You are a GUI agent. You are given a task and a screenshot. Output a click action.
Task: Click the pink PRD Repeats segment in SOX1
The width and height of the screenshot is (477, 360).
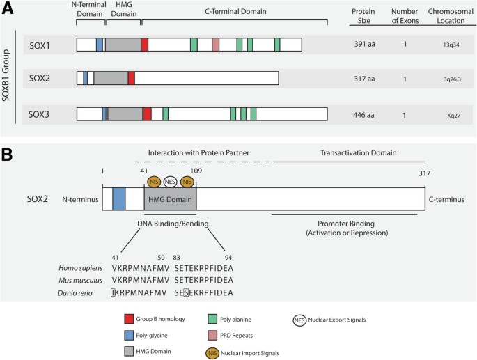215,45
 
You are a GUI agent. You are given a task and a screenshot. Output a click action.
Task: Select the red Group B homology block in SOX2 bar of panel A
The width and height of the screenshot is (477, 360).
131,79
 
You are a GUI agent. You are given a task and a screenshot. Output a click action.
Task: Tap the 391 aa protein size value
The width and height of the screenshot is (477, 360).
366,45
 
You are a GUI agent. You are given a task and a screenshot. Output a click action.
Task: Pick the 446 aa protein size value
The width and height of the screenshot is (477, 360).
366,114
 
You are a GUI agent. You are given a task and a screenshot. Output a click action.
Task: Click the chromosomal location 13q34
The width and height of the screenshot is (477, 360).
441,45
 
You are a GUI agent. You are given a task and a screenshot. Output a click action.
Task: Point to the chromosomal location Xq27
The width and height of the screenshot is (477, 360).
441,114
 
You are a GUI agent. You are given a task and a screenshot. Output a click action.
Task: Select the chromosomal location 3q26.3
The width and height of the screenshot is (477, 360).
441,79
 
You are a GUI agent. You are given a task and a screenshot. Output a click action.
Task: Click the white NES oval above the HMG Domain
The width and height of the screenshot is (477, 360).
171,182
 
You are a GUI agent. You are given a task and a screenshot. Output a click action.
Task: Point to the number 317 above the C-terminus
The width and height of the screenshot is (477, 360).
424,173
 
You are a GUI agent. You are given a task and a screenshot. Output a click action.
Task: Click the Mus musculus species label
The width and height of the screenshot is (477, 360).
80,280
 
